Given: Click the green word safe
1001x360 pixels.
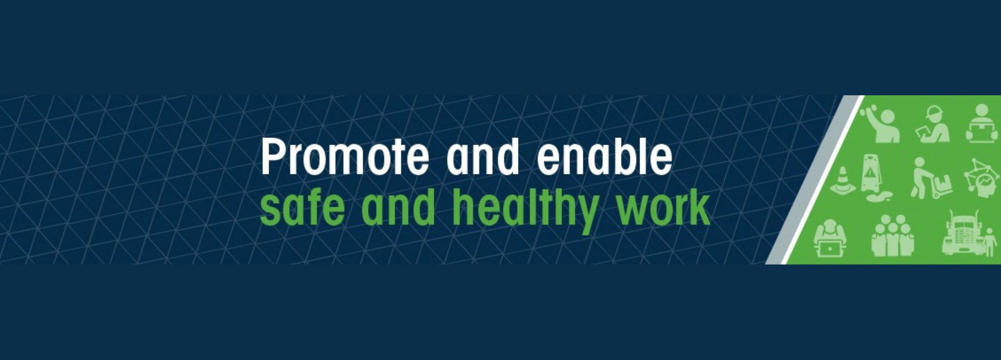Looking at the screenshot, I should (x=302, y=207).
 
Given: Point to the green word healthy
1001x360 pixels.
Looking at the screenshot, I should (x=525, y=209).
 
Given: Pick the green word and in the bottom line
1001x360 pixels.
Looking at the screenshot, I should (x=398, y=207).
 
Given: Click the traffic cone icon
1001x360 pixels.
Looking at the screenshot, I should (x=842, y=181).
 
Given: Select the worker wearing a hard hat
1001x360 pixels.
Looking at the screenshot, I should (x=933, y=124).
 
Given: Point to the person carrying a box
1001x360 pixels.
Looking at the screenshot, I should (x=982, y=124).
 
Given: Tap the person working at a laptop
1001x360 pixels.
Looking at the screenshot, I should (x=830, y=238).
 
